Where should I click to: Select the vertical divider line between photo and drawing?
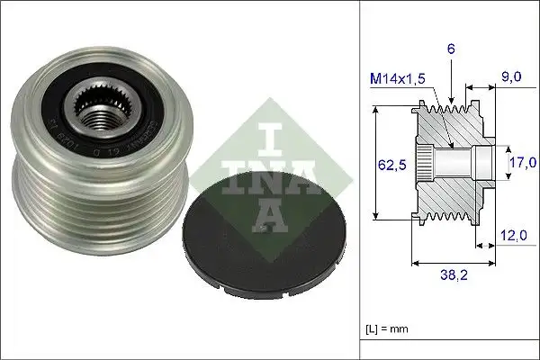click(359, 180)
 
